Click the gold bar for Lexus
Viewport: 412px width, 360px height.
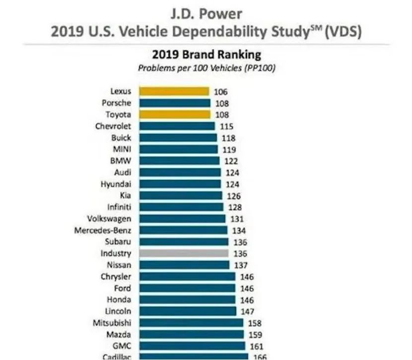pos(174,91)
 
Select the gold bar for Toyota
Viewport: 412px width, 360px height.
pos(175,115)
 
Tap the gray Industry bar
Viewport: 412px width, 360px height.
pos(184,253)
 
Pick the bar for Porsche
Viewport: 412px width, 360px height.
pos(175,103)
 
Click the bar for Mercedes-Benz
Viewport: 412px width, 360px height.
pos(183,231)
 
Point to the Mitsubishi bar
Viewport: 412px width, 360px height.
pos(191,323)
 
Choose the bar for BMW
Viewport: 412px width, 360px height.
pos(179,161)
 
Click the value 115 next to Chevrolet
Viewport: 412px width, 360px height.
pos(226,126)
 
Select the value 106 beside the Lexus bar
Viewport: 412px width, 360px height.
pos(221,91)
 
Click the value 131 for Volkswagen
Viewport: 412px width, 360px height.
pos(237,219)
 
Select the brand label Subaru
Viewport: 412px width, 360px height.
pos(118,242)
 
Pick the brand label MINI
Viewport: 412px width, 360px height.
pos(121,149)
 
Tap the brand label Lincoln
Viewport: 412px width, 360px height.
pos(119,311)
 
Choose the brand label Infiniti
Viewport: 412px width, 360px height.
pos(119,207)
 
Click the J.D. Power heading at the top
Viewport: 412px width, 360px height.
pos(206,12)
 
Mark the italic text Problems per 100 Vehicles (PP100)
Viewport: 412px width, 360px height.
pos(206,67)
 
